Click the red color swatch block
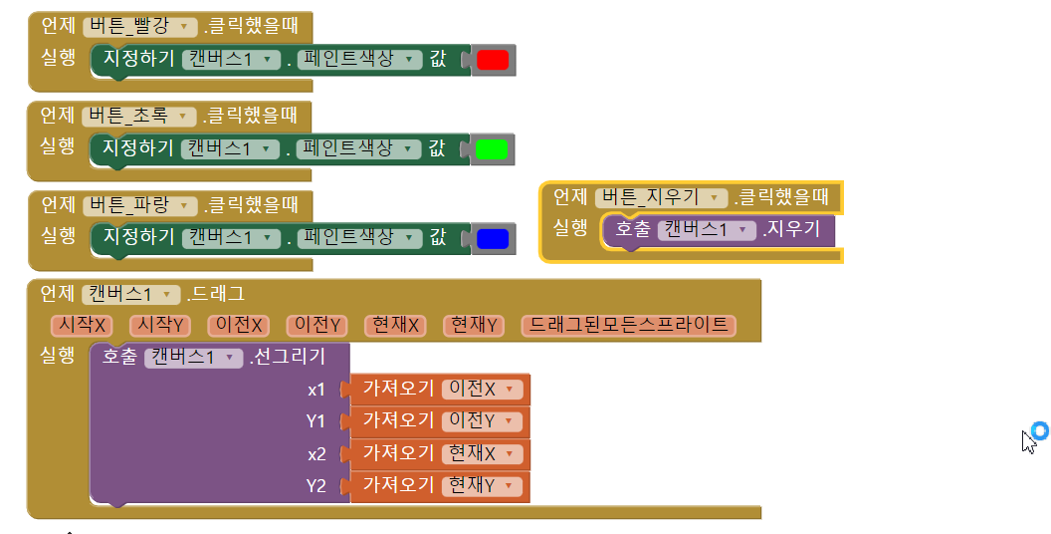493,61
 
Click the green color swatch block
493,150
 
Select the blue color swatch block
493,239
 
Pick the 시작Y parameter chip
161,326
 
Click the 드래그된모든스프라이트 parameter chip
628,326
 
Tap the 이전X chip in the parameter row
240,326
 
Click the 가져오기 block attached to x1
398,390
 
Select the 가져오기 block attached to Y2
398,486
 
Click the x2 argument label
316,454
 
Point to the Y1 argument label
316,421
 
